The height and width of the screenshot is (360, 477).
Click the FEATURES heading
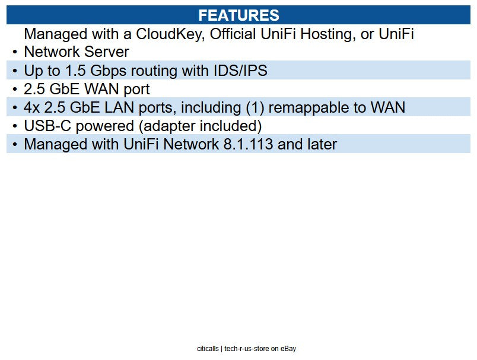pos(238,15)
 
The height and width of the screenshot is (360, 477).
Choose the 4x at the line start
pos(32,107)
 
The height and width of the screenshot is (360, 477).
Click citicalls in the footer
pos(208,349)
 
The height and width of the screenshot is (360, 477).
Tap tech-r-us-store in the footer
pos(247,349)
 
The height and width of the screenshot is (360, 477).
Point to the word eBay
pos(288,349)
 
